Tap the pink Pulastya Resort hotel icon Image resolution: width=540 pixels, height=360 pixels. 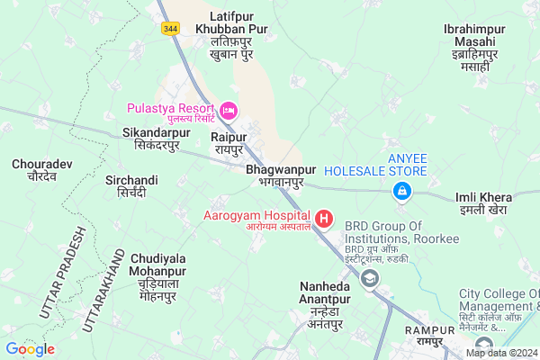tap(229, 110)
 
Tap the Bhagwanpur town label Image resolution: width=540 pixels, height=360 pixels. tap(280, 175)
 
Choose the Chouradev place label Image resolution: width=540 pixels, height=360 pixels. tap(35, 170)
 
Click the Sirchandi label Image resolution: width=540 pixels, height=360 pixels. tap(131, 186)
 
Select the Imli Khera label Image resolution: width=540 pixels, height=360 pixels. tap(483, 202)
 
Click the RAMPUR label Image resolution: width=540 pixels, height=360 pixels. tap(425, 336)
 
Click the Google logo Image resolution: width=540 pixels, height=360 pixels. tap(31, 348)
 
